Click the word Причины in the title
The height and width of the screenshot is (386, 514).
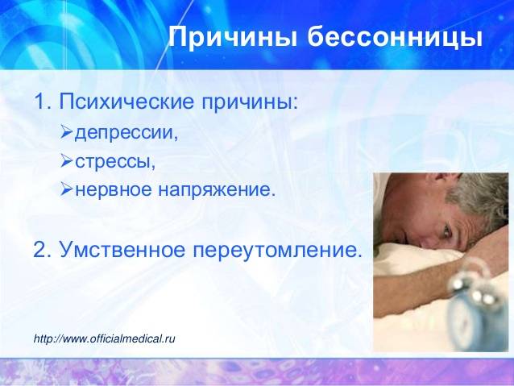tap(233, 37)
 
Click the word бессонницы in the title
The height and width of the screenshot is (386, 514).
tap(395, 37)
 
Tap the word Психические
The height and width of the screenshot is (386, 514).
tap(126, 102)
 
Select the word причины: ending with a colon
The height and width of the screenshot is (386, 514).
tap(250, 103)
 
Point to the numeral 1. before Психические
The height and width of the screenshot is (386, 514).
tap(43, 102)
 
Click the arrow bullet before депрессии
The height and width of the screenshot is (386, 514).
tap(67, 132)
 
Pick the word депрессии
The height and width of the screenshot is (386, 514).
tap(127, 133)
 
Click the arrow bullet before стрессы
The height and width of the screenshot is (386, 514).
tap(67, 160)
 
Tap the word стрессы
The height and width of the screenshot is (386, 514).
tap(115, 162)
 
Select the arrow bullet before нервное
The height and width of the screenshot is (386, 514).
tap(67, 189)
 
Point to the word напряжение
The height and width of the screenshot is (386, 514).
tap(217, 190)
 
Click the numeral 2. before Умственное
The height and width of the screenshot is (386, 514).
tap(43, 250)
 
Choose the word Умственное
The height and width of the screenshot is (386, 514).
tap(122, 250)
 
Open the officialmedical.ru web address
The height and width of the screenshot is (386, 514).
tap(104, 338)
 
